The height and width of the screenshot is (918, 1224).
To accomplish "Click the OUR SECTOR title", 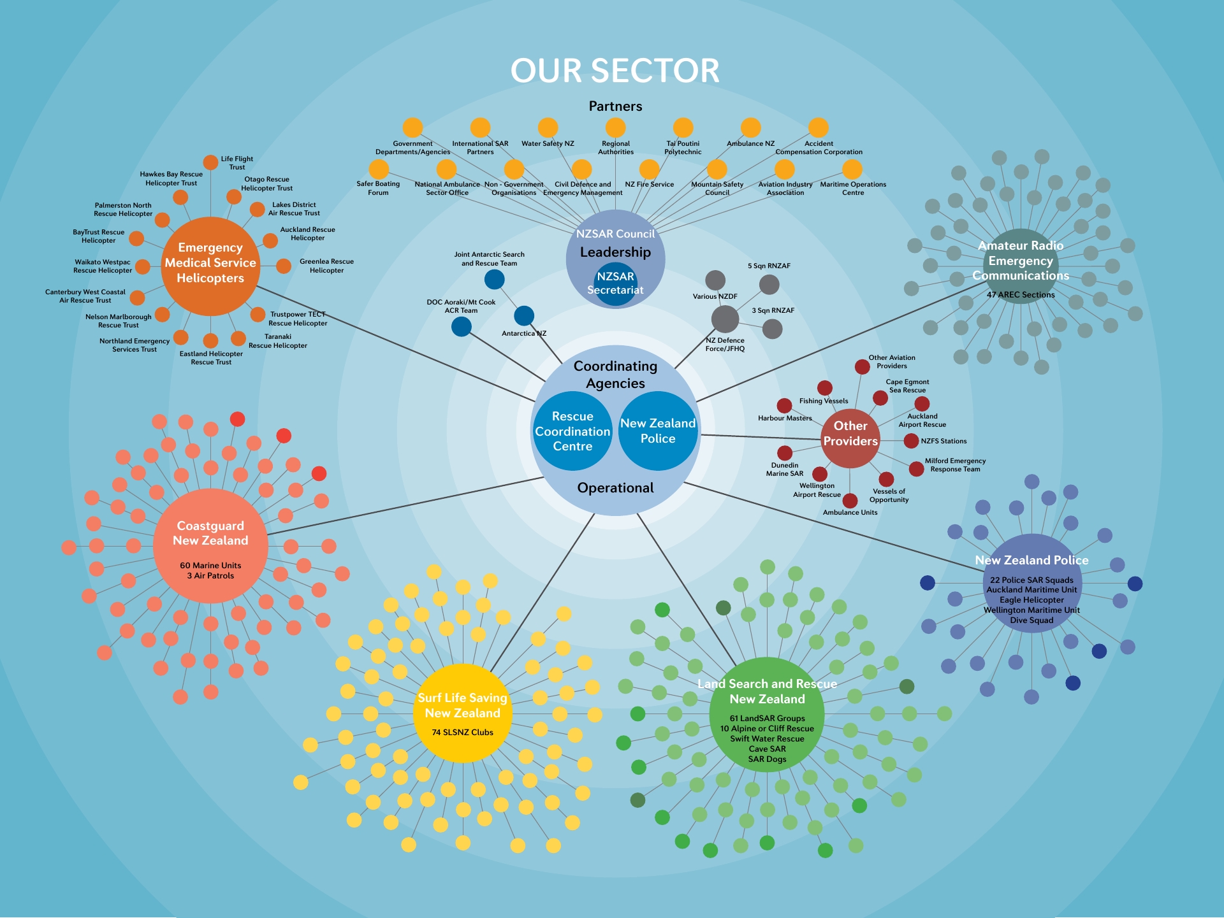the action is click(x=615, y=71).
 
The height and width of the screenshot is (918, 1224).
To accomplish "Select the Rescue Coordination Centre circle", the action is click(x=572, y=431).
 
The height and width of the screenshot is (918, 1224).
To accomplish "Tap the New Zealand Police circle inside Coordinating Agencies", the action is click(x=658, y=431).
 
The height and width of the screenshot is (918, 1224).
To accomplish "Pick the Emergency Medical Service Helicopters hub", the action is click(x=210, y=266).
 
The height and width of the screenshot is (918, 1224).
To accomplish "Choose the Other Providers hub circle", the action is click(x=850, y=439).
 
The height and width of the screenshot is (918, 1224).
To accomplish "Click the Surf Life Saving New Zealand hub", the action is click(x=463, y=714).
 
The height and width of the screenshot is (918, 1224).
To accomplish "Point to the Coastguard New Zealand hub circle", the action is click(x=210, y=546).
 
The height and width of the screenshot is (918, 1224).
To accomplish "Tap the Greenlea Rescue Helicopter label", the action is click(x=326, y=266).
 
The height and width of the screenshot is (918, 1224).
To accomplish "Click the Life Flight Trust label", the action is click(x=237, y=163).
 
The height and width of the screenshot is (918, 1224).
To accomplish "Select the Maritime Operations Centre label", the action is click(x=853, y=189).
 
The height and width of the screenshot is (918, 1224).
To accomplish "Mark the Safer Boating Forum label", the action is click(x=378, y=188).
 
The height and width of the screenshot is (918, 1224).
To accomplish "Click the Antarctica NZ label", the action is click(x=524, y=334).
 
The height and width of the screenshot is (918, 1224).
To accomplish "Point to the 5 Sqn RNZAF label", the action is click(x=769, y=266).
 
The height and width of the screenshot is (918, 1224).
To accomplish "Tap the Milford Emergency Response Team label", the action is click(x=955, y=465).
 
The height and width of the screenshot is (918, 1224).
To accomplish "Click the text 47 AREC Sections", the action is click(x=1021, y=295).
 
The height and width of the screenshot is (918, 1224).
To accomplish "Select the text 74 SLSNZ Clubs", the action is click(x=463, y=733).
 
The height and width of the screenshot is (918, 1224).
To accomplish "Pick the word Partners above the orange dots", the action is click(x=615, y=106).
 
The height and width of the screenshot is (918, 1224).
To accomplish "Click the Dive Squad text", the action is click(x=1031, y=620).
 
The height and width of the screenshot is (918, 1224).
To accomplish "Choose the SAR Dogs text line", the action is click(x=768, y=759).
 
